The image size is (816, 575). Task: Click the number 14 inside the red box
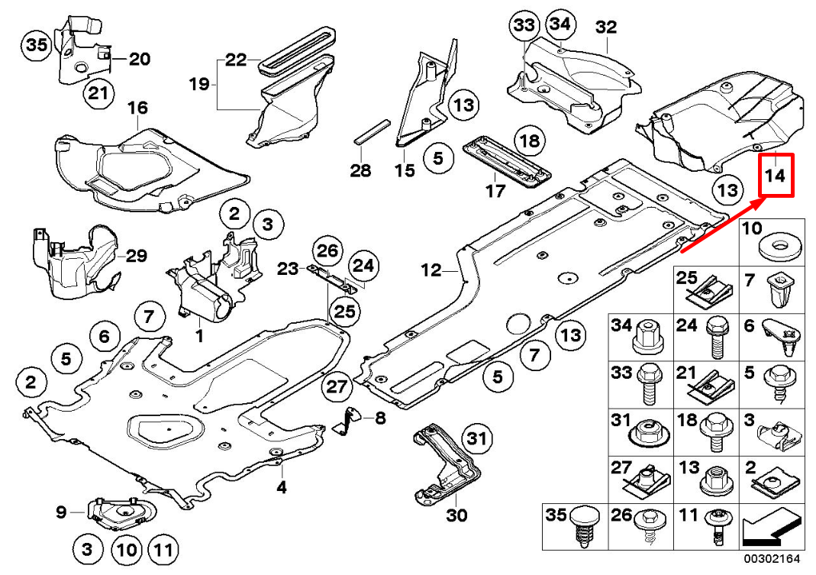point(776,176)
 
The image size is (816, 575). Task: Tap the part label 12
point(431,270)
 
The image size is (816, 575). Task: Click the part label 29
point(136,256)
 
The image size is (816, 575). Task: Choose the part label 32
point(605,27)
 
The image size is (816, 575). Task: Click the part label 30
point(456,516)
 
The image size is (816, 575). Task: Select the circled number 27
point(337,387)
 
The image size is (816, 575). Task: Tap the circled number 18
point(530,141)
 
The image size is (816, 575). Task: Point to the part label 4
point(282,486)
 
